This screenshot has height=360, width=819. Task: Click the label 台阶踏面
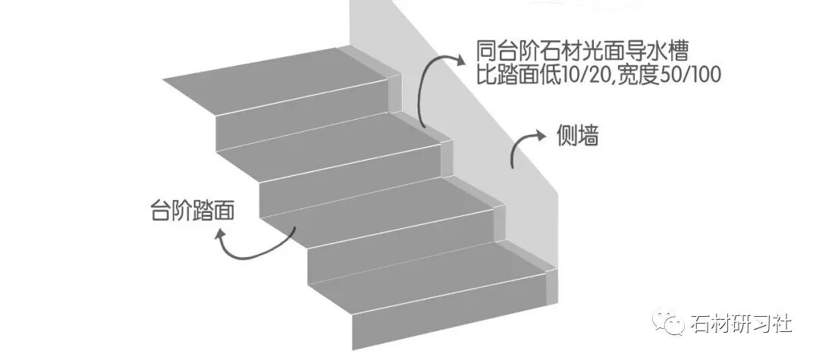(x=190, y=211)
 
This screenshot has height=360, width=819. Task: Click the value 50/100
(x=686, y=75)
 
